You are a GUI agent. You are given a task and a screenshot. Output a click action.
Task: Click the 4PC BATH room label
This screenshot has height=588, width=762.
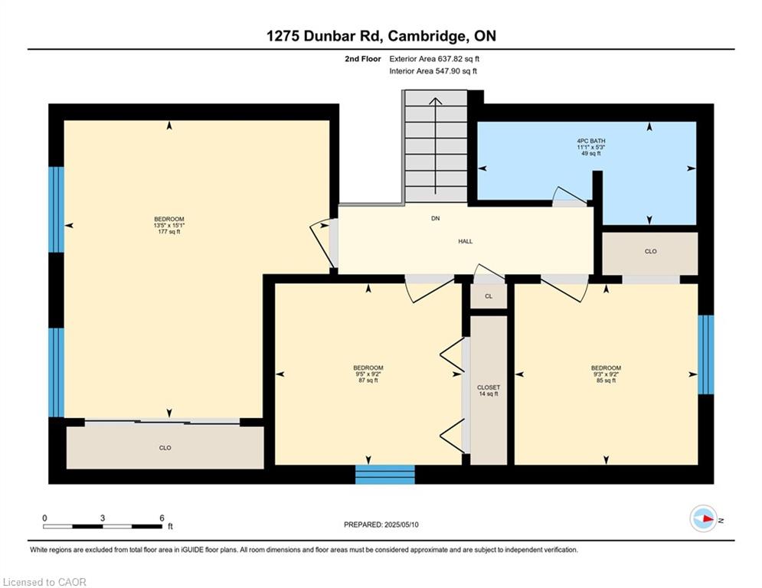click(591, 147)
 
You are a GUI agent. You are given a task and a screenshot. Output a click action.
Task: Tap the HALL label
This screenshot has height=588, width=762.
click(465, 241)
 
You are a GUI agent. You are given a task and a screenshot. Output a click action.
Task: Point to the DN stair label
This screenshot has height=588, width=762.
click(436, 219)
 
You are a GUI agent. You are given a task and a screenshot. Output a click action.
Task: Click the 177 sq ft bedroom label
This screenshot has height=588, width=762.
click(169, 226)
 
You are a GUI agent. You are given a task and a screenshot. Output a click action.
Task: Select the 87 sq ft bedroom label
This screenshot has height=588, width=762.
click(368, 374)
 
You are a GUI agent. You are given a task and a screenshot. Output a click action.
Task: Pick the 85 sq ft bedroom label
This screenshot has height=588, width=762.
click(606, 374)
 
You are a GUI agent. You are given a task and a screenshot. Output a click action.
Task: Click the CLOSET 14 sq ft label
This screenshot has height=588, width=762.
click(489, 390)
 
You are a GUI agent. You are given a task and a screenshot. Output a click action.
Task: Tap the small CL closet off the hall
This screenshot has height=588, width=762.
click(489, 296)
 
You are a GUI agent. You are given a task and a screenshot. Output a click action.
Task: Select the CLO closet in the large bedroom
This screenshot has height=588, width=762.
click(165, 448)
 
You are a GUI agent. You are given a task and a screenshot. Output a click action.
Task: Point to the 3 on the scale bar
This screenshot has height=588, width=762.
click(103, 518)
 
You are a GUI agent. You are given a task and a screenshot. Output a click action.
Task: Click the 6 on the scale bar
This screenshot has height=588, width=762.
click(162, 518)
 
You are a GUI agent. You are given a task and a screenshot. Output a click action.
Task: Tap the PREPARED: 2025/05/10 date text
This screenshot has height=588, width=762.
click(381, 524)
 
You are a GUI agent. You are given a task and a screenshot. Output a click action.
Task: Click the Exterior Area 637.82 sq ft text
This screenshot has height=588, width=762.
click(434, 59)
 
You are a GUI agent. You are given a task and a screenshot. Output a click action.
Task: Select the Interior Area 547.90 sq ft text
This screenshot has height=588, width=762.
click(433, 71)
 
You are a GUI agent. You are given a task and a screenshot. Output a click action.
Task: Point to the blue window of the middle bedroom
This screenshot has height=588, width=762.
click(385, 474)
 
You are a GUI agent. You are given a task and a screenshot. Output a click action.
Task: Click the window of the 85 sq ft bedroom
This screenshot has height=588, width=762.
click(705, 354)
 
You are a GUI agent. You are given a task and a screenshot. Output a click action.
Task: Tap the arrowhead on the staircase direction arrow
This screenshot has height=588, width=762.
click(436, 101)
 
